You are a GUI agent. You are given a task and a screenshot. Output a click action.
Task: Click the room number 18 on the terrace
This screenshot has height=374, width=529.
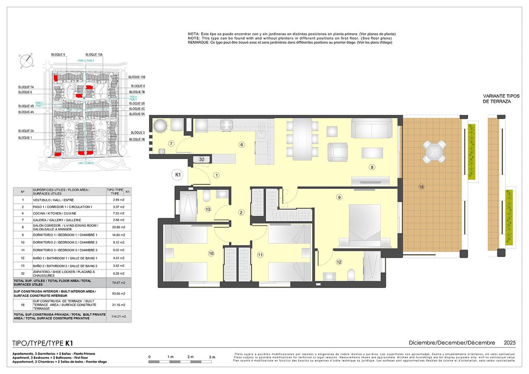click(421, 187)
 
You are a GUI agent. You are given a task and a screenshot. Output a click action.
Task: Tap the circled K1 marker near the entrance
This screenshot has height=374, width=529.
click(177, 175)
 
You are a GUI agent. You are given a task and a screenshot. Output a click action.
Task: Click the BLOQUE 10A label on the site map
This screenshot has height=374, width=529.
click(94, 55)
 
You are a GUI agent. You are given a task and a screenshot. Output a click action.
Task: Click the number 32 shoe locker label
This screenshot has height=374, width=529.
click(202, 159)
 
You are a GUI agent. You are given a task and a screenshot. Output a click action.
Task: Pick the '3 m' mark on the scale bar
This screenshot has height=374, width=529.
click(212, 356)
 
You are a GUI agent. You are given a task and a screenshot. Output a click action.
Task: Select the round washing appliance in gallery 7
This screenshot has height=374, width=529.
click(161, 126)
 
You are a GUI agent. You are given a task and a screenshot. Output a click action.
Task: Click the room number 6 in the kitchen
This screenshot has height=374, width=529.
click(242, 144)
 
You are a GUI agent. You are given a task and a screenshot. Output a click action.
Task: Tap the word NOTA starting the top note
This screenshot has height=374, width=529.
click(193, 33)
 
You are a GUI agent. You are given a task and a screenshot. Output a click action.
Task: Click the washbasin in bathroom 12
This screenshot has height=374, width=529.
click(329, 276)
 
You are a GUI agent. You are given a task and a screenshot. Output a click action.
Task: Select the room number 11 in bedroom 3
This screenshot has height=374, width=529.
click(260, 255)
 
